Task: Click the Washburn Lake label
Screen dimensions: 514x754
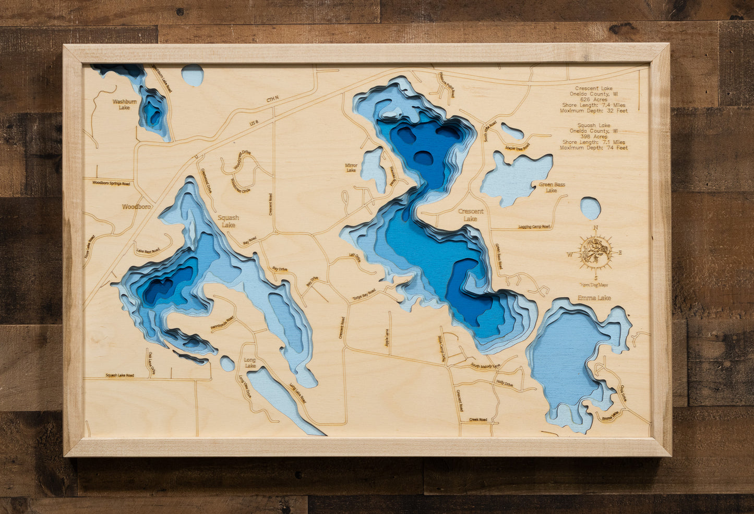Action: (x=124, y=104)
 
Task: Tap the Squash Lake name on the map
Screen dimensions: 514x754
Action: (x=228, y=221)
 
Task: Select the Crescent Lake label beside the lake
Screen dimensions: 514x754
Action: (x=471, y=215)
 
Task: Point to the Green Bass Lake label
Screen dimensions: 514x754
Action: (x=552, y=187)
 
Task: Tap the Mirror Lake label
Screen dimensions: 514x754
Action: (x=351, y=168)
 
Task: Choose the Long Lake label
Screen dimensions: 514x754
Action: (x=250, y=363)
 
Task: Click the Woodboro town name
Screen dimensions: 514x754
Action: (x=136, y=207)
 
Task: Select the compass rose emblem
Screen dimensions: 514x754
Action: (x=595, y=252)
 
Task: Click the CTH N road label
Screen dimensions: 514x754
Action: (x=273, y=99)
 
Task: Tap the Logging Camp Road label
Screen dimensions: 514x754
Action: (x=534, y=227)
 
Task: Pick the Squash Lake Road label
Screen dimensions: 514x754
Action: (x=119, y=375)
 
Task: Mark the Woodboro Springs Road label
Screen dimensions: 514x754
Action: (x=112, y=183)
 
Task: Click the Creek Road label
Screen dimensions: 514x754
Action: (x=478, y=420)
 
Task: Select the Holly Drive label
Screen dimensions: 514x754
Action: (x=505, y=384)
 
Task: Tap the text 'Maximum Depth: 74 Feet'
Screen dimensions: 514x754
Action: (x=594, y=148)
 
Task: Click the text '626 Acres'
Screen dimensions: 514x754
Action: (x=594, y=100)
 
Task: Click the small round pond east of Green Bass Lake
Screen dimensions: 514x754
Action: (x=590, y=208)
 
